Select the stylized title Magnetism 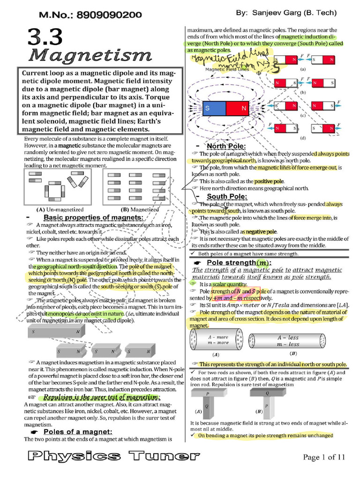[x=90, y=56]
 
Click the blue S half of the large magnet [x=214, y=109]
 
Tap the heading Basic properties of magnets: [x=93, y=218]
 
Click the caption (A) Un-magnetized [x=60, y=210]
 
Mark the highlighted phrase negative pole [x=259, y=232]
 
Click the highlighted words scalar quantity [x=229, y=284]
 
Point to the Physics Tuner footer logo [x=111, y=456]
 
